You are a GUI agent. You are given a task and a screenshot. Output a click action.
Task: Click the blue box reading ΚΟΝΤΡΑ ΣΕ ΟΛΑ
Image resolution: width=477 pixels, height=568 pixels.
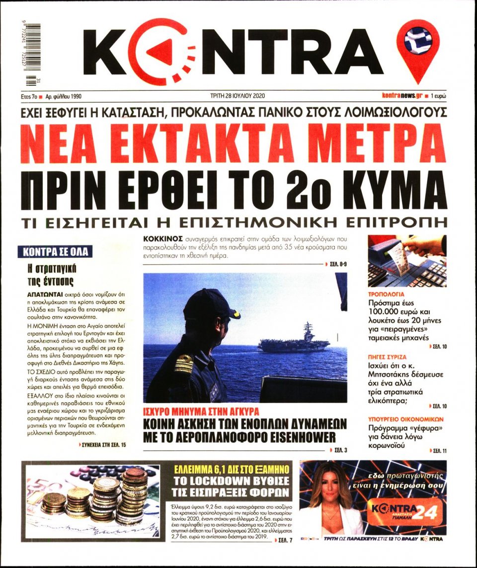pyautogui.click(x=55, y=252)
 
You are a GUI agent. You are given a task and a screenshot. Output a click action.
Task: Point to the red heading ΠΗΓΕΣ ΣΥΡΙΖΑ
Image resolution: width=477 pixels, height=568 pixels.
pyautogui.click(x=388, y=357)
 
